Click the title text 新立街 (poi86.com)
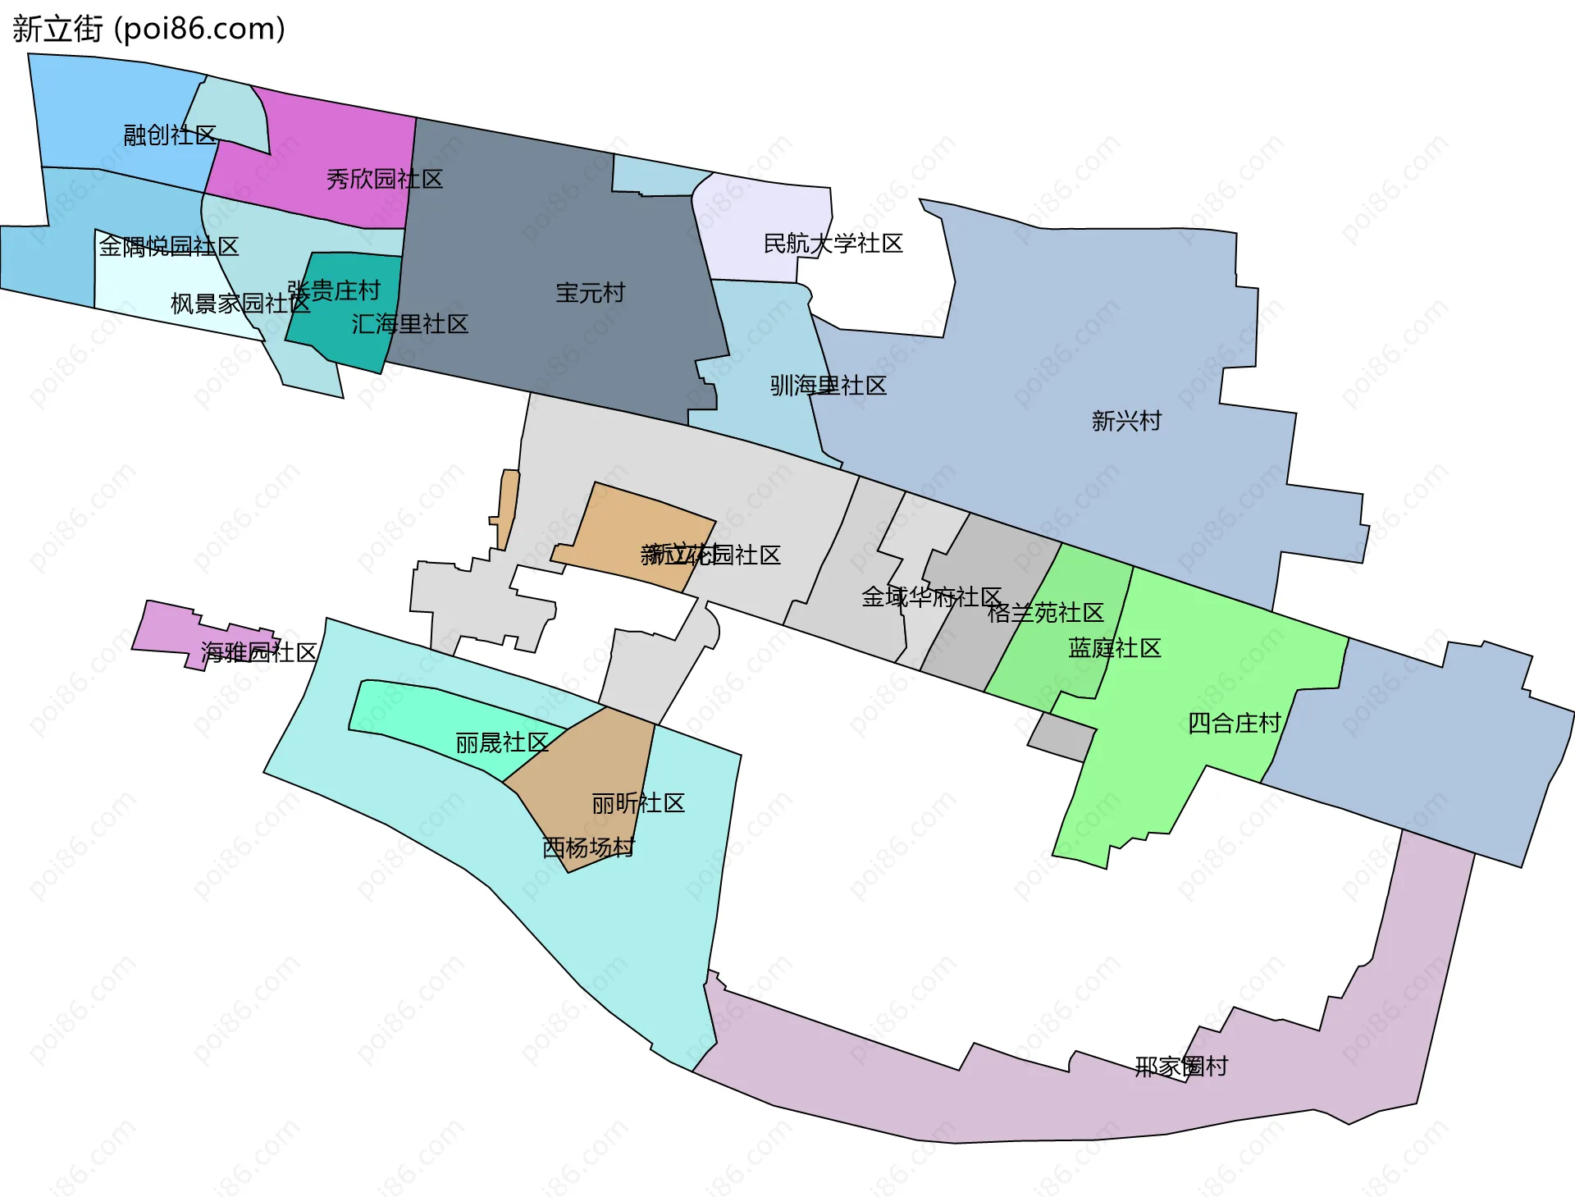(x=148, y=29)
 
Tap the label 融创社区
(x=170, y=135)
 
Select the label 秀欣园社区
(x=385, y=179)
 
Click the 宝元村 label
(x=590, y=293)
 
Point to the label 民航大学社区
(x=833, y=244)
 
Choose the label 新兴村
(x=1126, y=421)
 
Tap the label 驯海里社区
(x=829, y=386)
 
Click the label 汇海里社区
(x=410, y=324)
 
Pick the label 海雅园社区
(x=259, y=652)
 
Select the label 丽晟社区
(x=502, y=742)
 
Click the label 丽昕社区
(x=638, y=803)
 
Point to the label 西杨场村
(x=589, y=847)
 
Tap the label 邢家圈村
(x=1181, y=1067)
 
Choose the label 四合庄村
(x=1235, y=723)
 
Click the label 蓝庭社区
(x=1115, y=648)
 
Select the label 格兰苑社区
(x=1046, y=613)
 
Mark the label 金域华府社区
(x=932, y=597)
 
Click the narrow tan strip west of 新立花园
(x=508, y=509)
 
